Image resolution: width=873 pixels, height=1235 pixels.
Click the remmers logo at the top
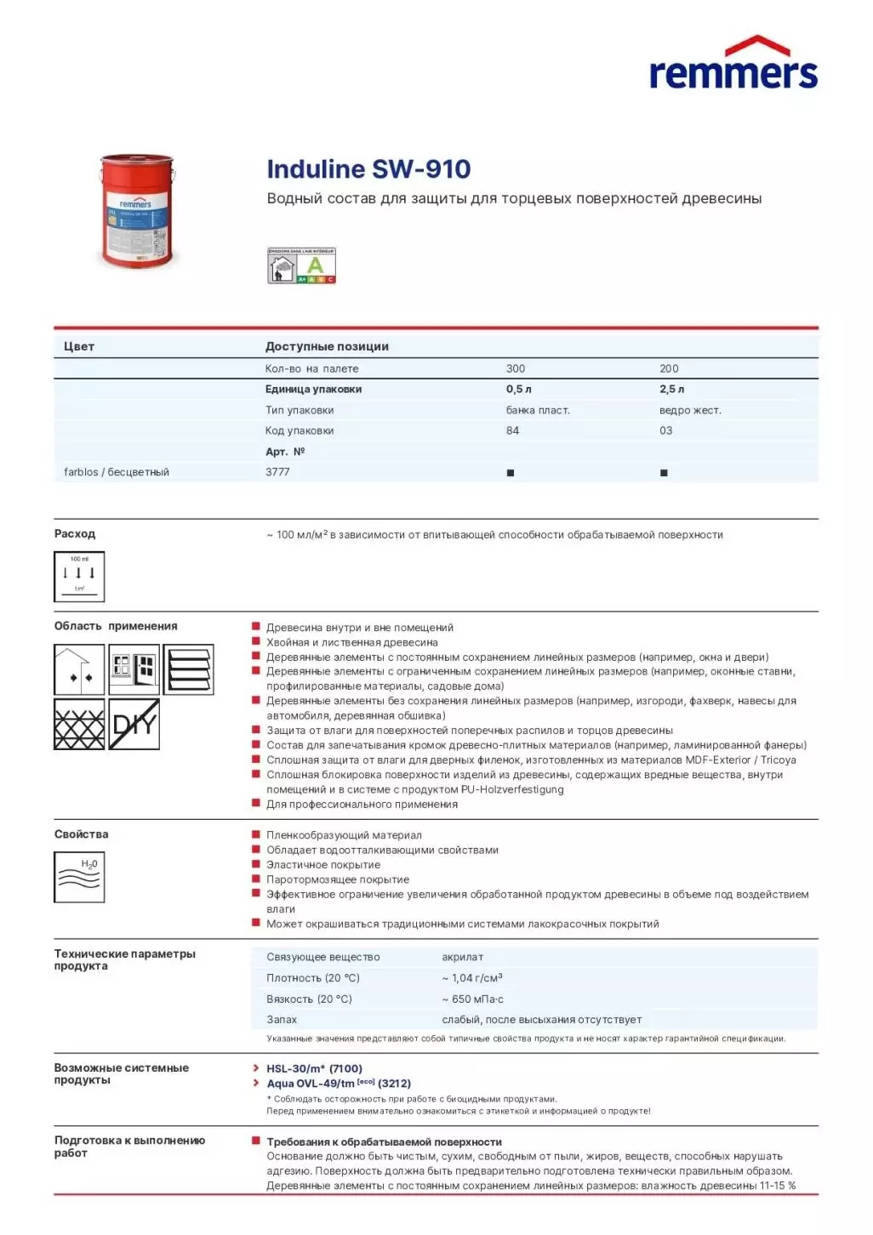click(733, 64)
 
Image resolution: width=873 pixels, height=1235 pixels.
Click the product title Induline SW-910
click(368, 169)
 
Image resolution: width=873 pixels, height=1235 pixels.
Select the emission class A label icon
click(302, 265)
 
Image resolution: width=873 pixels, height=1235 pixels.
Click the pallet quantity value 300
click(516, 369)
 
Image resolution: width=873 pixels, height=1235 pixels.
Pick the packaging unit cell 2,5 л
click(671, 390)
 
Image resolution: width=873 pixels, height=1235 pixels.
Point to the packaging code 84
click(512, 431)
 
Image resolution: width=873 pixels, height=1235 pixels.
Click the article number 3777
click(277, 472)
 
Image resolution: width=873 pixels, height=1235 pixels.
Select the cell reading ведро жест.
click(690, 411)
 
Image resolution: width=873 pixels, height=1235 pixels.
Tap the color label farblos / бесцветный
click(117, 472)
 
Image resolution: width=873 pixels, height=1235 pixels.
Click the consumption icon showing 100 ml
click(79, 577)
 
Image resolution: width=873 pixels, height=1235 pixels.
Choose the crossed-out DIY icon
click(134, 725)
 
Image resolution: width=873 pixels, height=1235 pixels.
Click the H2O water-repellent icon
click(79, 877)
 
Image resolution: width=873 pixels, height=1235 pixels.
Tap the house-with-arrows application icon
click(79, 669)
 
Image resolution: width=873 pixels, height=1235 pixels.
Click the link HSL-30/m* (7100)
click(314, 1069)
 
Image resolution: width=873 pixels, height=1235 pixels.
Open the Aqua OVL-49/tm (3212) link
click(339, 1084)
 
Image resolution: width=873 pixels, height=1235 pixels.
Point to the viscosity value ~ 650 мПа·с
click(472, 999)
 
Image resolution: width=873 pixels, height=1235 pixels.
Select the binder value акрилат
click(463, 958)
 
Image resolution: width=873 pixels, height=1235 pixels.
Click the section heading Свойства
click(82, 834)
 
